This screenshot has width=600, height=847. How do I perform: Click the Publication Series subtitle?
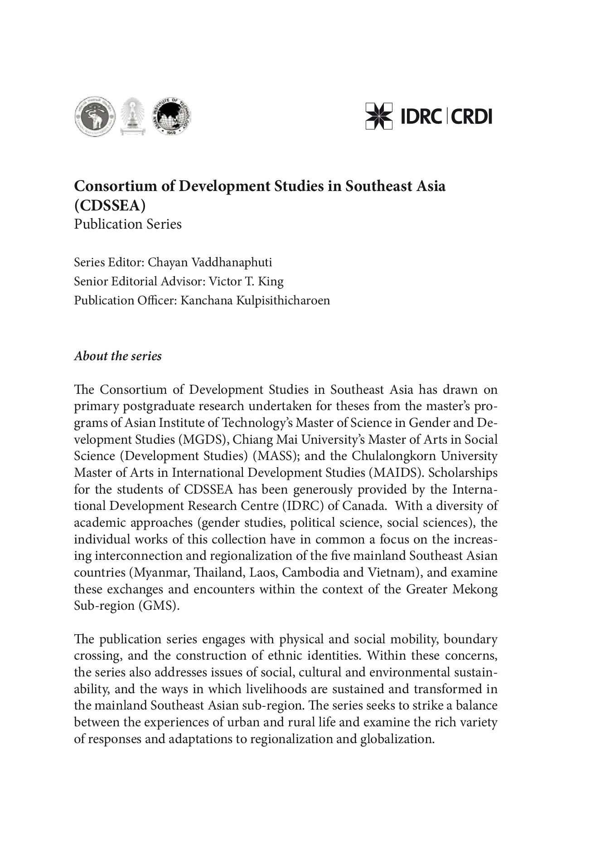point(128,224)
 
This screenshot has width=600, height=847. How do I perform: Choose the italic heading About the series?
point(118,356)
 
